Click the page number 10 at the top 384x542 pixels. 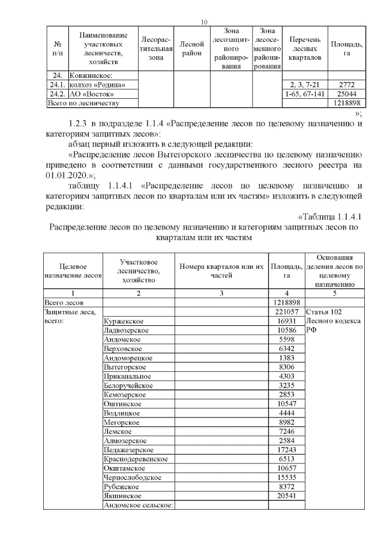[204, 22]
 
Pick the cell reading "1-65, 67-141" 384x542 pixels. [304, 94]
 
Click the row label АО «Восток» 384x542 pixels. [91, 94]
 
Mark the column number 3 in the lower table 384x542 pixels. [221, 293]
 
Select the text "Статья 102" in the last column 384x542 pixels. [323, 312]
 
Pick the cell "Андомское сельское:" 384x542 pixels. [138, 505]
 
